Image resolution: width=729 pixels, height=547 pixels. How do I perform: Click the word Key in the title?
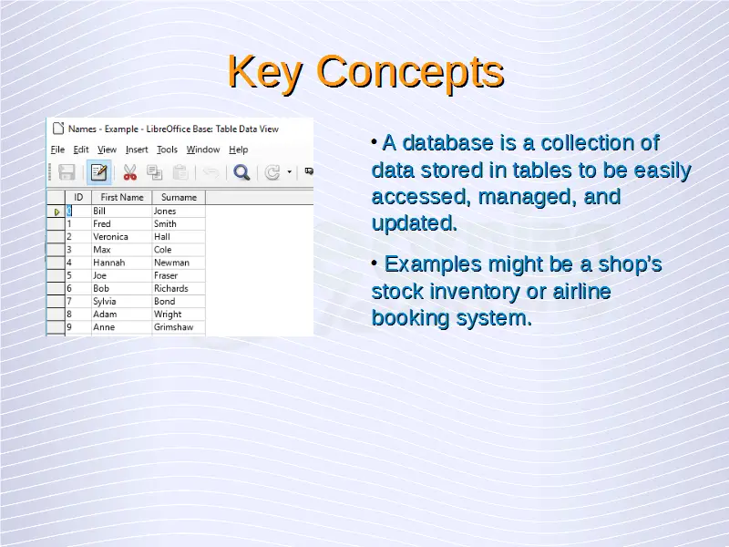click(x=265, y=72)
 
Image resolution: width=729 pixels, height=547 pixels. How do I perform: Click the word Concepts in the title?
click(x=410, y=71)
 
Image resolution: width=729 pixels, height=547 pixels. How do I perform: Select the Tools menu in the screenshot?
click(x=167, y=150)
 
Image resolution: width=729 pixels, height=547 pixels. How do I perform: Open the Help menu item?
click(x=239, y=150)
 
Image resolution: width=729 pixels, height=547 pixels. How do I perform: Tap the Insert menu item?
click(x=137, y=150)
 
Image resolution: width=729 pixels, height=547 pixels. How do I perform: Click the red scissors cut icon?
click(x=129, y=172)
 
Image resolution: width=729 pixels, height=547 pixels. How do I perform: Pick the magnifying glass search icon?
click(x=241, y=172)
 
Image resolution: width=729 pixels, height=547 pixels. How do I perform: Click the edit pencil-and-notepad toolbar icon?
click(x=98, y=172)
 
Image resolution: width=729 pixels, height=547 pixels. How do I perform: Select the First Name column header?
click(x=122, y=197)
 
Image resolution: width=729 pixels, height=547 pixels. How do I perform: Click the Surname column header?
click(x=179, y=197)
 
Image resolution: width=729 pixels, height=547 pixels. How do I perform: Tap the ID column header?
click(x=78, y=197)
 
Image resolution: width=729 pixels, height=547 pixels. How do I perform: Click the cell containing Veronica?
click(x=110, y=237)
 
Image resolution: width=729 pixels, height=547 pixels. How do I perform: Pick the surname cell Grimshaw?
click(x=173, y=327)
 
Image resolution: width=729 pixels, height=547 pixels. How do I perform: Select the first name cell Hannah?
click(x=108, y=263)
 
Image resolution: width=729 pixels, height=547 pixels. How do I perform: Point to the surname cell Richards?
click(x=171, y=288)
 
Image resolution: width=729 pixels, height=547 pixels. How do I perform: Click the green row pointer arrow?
click(x=56, y=212)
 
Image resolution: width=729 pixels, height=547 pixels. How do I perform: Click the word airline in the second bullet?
click(x=581, y=291)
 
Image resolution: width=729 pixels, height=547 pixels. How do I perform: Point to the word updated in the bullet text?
click(x=415, y=223)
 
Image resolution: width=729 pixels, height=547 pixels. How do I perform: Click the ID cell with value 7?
click(x=69, y=302)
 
